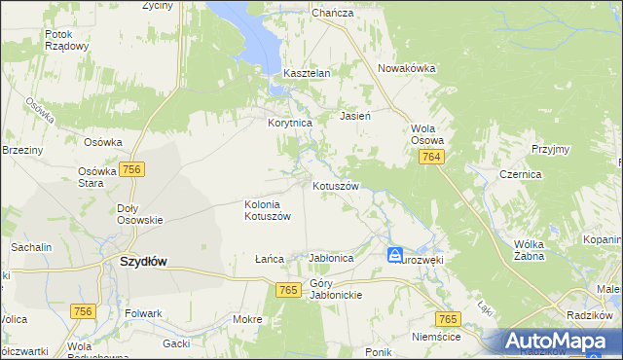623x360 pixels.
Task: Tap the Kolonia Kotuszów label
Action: (268, 210)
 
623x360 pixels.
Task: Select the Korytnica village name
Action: (289, 124)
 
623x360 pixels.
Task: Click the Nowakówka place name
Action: (406, 68)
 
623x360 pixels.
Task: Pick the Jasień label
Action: (355, 116)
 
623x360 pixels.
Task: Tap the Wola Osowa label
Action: (426, 134)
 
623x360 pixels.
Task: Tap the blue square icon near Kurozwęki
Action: (395, 255)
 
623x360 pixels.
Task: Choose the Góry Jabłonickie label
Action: (334, 289)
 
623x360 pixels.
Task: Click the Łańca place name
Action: (269, 259)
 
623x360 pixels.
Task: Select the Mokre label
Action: (247, 319)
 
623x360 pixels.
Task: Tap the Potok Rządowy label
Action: (67, 40)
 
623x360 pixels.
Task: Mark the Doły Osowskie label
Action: (139, 214)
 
